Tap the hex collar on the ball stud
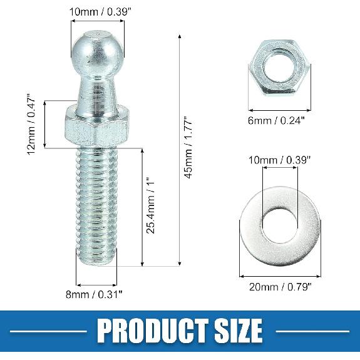(x=97, y=126)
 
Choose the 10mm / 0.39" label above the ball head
(x=96, y=11)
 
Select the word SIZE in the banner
(x=233, y=329)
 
